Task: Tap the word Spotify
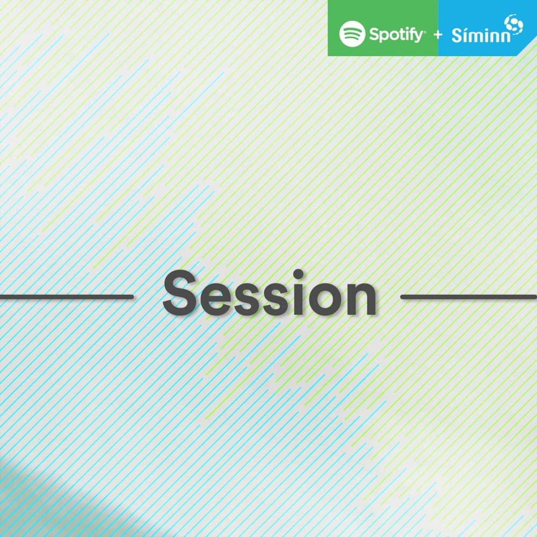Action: pos(396,35)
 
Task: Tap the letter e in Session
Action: pos(214,298)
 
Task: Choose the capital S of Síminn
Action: pos(456,36)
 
